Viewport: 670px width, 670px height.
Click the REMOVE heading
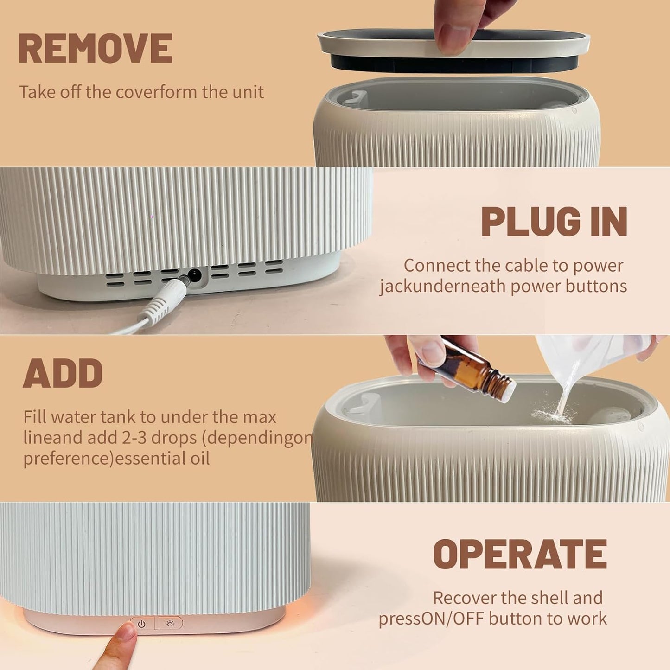(95, 49)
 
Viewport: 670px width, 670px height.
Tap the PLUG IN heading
(554, 222)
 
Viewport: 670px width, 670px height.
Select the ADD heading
(63, 373)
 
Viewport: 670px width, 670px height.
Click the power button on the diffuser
(142, 624)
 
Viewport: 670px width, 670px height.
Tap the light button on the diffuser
(170, 624)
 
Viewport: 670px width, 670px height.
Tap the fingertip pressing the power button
(123, 638)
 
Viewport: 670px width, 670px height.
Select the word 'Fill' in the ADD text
(35, 417)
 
